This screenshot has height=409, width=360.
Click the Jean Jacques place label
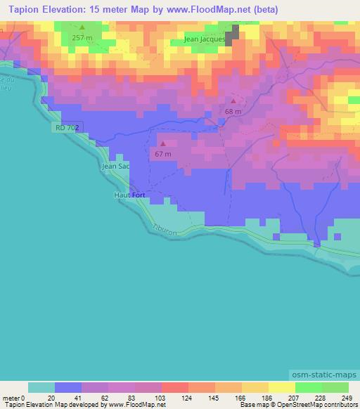(x=205, y=39)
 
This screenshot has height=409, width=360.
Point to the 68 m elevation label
(x=233, y=111)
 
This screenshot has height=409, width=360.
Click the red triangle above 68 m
(x=233, y=101)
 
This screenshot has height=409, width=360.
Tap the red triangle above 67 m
(x=163, y=143)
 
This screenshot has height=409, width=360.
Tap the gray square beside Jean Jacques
(x=231, y=32)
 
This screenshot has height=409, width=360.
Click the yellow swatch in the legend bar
(x=281, y=387)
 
